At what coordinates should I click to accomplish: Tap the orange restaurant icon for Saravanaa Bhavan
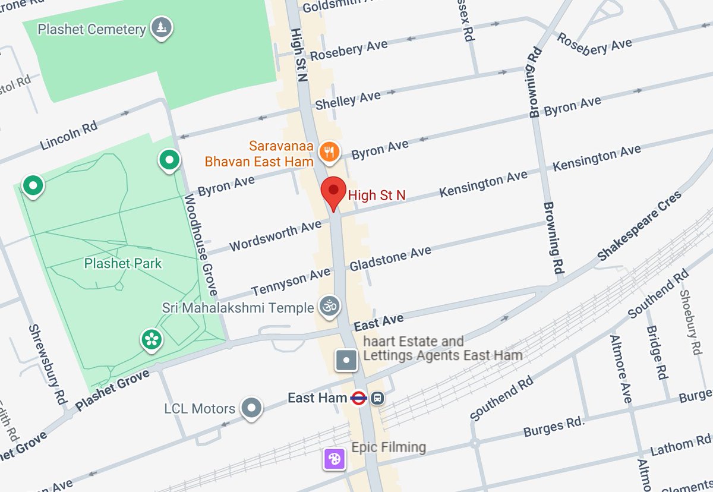pyautogui.click(x=329, y=152)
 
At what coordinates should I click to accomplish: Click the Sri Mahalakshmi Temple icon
pyautogui.click(x=329, y=307)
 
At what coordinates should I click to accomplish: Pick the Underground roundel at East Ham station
pyautogui.click(x=358, y=398)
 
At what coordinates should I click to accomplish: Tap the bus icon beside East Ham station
pyautogui.click(x=377, y=398)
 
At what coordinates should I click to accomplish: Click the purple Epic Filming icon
pyautogui.click(x=335, y=459)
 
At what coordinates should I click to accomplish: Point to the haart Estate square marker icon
pyautogui.click(x=346, y=360)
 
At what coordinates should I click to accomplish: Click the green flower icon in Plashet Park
pyautogui.click(x=152, y=339)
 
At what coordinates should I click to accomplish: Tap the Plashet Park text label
pyautogui.click(x=123, y=263)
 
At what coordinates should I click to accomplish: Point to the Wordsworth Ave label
pyautogui.click(x=275, y=237)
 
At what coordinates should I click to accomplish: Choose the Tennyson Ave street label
pyautogui.click(x=291, y=282)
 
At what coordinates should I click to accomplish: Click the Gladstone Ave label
pyautogui.click(x=390, y=258)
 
